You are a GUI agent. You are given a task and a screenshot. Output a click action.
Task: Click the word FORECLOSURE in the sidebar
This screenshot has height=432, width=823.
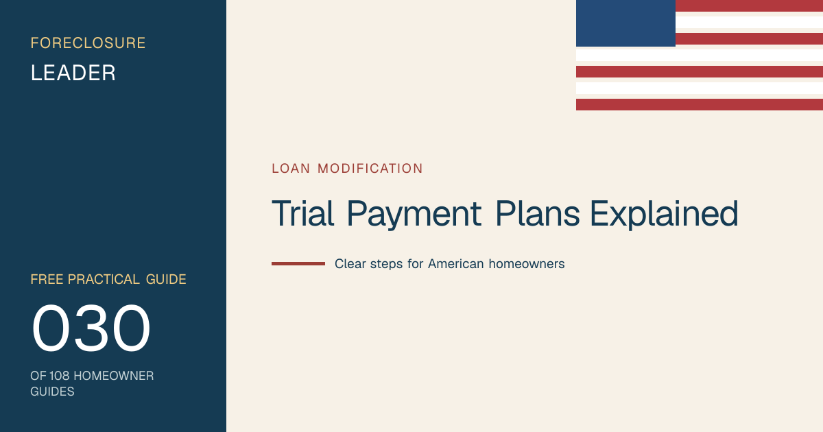(88, 43)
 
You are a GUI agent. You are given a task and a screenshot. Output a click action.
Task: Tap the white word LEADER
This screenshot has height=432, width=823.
(73, 73)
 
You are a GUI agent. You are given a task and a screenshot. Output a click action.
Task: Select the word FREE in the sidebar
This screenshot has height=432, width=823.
(47, 280)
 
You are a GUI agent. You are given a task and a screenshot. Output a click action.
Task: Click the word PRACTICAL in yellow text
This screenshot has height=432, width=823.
(104, 280)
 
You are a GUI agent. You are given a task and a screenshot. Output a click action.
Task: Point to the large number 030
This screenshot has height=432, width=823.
(91, 328)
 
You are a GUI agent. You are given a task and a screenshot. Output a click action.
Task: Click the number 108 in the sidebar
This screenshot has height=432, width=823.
(59, 376)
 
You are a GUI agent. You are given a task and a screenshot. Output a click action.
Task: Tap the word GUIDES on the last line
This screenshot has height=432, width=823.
(52, 392)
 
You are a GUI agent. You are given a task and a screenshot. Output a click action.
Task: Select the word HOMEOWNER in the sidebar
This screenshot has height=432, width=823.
(114, 376)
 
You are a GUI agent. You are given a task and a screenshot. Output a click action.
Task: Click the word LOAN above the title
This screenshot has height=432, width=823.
(291, 169)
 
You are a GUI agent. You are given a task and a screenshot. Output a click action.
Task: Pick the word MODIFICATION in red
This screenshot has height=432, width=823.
(370, 169)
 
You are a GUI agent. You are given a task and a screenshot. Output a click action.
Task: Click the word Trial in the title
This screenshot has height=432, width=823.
(302, 213)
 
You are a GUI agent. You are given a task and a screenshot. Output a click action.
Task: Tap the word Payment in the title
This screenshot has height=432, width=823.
(414, 215)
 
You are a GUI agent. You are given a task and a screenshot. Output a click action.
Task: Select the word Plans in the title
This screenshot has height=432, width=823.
(537, 213)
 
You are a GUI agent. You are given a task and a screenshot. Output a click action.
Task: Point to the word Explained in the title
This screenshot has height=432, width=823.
(664, 215)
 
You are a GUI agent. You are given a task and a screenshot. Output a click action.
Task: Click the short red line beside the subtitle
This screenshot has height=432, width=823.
(298, 264)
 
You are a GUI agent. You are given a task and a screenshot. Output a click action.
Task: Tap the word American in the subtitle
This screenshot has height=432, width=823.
(455, 264)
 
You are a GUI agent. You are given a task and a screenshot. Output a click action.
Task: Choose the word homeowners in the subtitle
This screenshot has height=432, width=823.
(527, 264)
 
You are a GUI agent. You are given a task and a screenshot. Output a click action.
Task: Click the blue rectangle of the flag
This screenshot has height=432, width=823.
(625, 23)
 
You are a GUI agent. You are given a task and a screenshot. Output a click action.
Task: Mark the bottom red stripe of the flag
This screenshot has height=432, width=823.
(700, 104)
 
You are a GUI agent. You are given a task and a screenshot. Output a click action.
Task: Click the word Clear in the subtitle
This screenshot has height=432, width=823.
(350, 264)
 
